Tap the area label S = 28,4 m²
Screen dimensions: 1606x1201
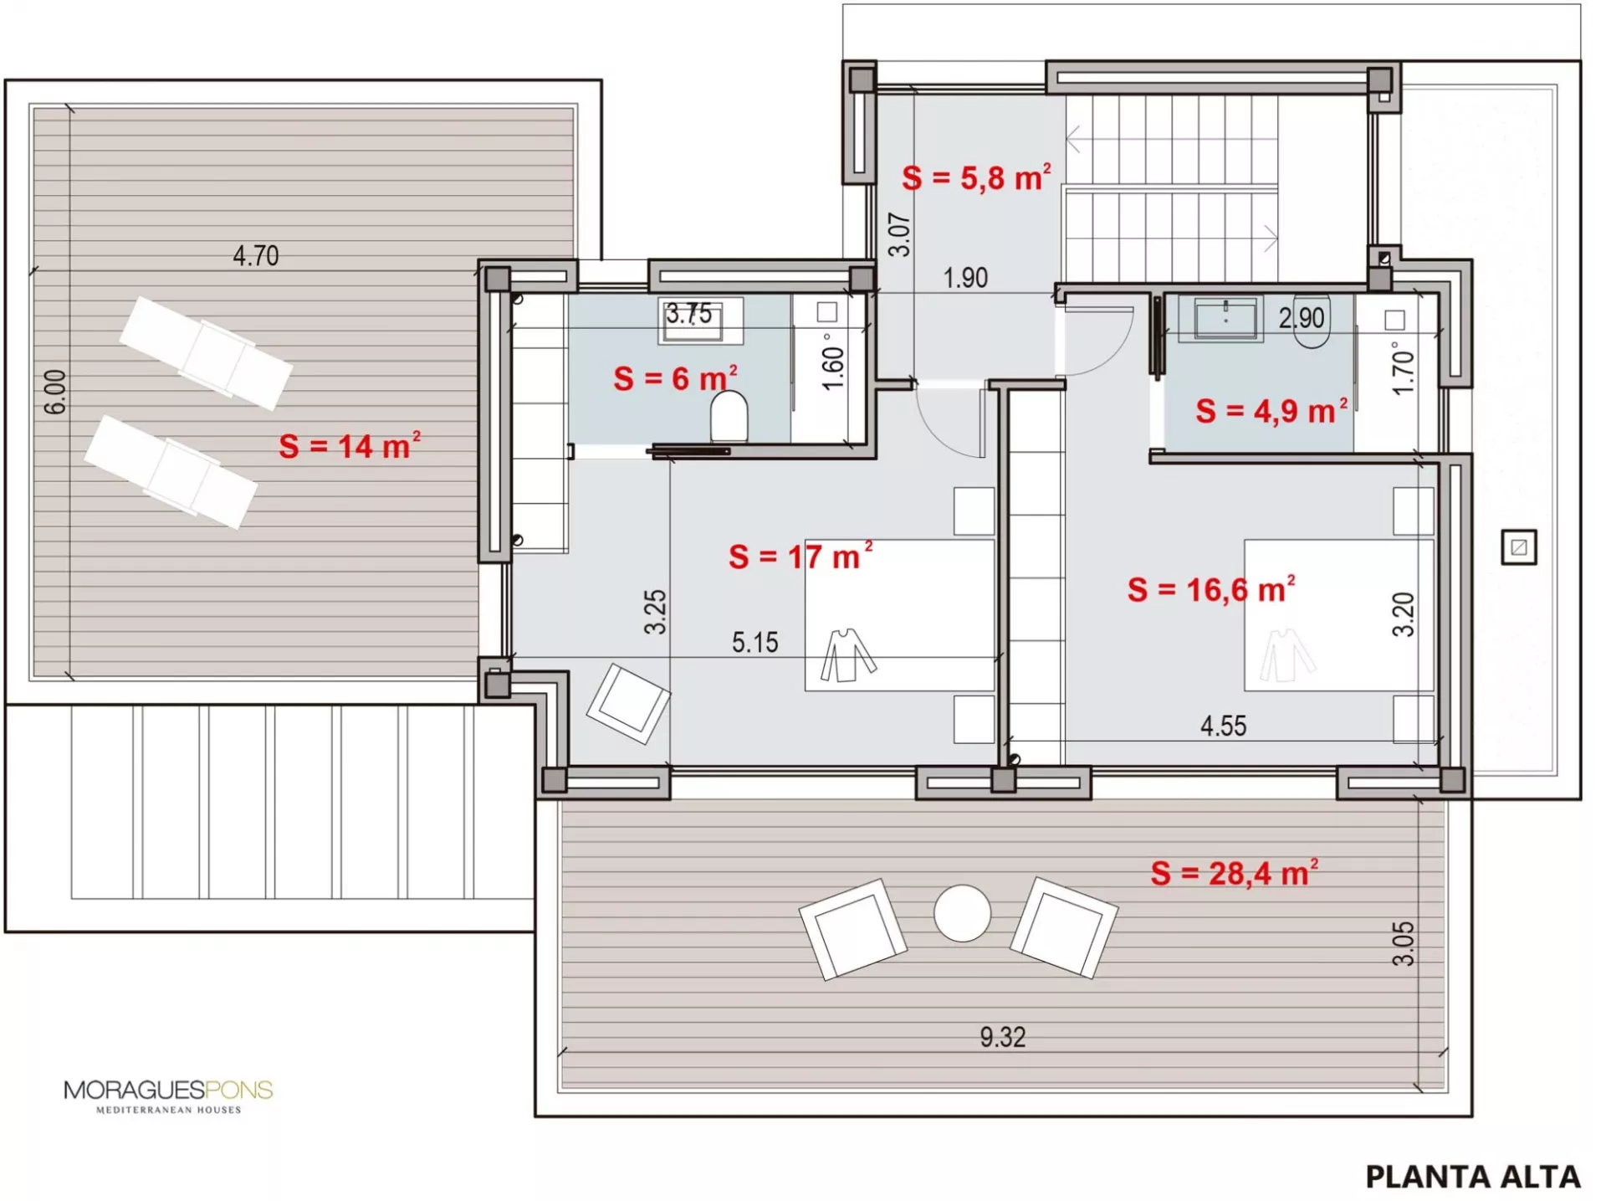pyautogui.click(x=1235, y=872)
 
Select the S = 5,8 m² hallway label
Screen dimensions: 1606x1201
pyautogui.click(x=976, y=177)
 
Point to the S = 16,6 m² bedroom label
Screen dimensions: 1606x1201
pyautogui.click(x=1211, y=588)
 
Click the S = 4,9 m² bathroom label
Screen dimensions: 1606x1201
pyautogui.click(x=1271, y=410)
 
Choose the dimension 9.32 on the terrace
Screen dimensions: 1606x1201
pyautogui.click(x=1003, y=1037)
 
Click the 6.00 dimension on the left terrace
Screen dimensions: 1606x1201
pyautogui.click(x=55, y=392)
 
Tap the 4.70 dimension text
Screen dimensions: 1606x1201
pyautogui.click(x=256, y=255)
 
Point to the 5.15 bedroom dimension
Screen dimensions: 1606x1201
pyautogui.click(x=754, y=642)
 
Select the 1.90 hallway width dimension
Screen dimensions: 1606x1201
pyautogui.click(x=965, y=277)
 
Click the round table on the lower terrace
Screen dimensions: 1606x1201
pyautogui.click(x=962, y=913)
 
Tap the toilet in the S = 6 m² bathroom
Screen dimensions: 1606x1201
pyautogui.click(x=729, y=417)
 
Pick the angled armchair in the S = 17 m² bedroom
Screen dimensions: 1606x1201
pyautogui.click(x=628, y=704)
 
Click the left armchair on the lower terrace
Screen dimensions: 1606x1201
pyautogui.click(x=852, y=929)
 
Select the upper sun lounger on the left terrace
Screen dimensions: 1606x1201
pyautogui.click(x=206, y=352)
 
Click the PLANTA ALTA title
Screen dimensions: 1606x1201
pyautogui.click(x=1473, y=1177)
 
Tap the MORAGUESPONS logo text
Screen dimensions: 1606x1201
pyautogui.click(x=168, y=1090)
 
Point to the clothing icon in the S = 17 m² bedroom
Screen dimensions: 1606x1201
pyautogui.click(x=847, y=654)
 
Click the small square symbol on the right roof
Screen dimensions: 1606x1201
pyautogui.click(x=1519, y=547)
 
